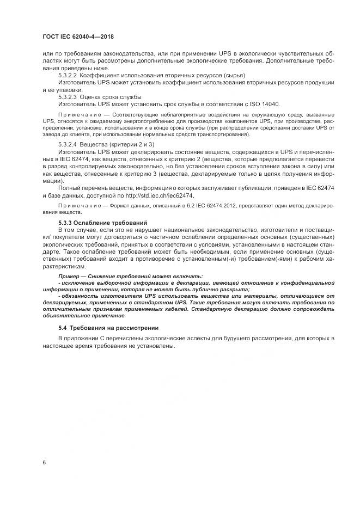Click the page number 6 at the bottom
(44, 463)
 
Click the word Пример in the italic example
(70, 277)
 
